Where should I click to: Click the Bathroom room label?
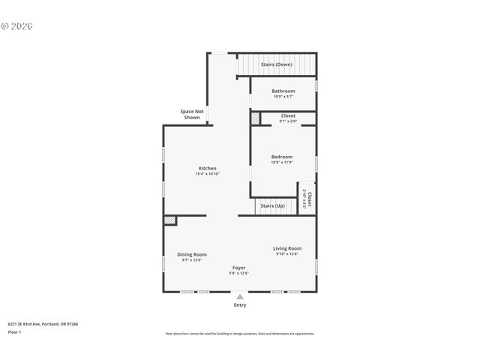(283, 91)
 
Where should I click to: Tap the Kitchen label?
(208, 168)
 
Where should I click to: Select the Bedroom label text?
(282, 157)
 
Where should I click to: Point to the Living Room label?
(286, 248)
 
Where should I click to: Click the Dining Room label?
(192, 254)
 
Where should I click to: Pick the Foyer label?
(238, 268)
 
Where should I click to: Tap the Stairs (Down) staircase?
(276, 64)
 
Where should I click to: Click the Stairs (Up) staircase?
(272, 205)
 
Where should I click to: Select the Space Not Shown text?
(191, 115)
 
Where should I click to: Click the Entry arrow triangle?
(240, 297)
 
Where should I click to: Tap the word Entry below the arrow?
(240, 305)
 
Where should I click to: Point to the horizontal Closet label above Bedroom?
(288, 116)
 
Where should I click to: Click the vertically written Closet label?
(307, 198)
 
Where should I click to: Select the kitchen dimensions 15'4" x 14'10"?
(208, 174)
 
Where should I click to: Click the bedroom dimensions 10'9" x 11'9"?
(282, 162)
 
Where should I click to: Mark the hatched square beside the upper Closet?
(255, 118)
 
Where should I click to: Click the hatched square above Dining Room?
(170, 220)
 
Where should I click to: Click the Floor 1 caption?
(15, 331)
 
